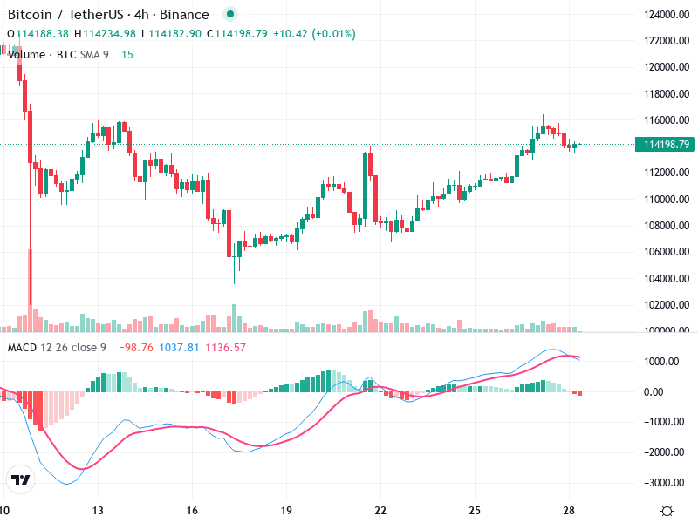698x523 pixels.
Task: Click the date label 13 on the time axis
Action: (x=99, y=511)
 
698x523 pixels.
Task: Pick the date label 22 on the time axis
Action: (x=380, y=511)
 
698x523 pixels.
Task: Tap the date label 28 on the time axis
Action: (x=569, y=511)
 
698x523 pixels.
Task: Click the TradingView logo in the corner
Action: (x=20, y=479)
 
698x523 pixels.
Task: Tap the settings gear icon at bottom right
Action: (x=667, y=511)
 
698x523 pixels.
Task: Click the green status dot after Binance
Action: (x=229, y=15)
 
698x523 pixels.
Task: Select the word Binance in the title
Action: (x=186, y=15)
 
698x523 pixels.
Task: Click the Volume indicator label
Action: (x=26, y=55)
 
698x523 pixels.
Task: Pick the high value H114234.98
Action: (x=105, y=34)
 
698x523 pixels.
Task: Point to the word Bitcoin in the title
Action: (x=29, y=15)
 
